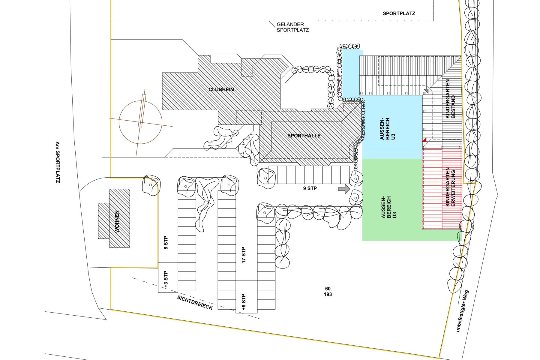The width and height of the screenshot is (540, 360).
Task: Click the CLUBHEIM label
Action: coord(221,89)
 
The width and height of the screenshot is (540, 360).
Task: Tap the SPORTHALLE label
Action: coord(304,136)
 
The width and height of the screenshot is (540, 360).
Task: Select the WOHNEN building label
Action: coord(117,221)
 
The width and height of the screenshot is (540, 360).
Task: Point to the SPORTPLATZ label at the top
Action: coord(399,13)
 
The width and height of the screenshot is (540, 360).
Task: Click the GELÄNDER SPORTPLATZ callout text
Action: coord(292,27)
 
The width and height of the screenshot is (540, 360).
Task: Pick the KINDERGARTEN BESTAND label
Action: coord(450,99)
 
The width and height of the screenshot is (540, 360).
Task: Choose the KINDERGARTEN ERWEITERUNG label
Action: coord(450,187)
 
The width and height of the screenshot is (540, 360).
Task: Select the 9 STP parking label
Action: coord(310,188)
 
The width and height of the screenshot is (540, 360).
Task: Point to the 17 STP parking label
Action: coord(244,255)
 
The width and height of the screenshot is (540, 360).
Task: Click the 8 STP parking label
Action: coord(166,243)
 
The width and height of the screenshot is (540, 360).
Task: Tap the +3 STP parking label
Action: coord(166,280)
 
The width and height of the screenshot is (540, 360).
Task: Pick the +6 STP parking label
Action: coord(244,302)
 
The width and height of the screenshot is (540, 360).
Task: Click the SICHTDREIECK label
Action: coord(195,303)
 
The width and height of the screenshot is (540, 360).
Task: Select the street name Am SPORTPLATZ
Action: coord(58,162)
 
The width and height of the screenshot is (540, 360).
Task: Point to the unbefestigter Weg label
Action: coord(462,311)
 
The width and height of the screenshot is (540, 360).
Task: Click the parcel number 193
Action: coord(328,294)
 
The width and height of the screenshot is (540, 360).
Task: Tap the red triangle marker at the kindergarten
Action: coord(424,140)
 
